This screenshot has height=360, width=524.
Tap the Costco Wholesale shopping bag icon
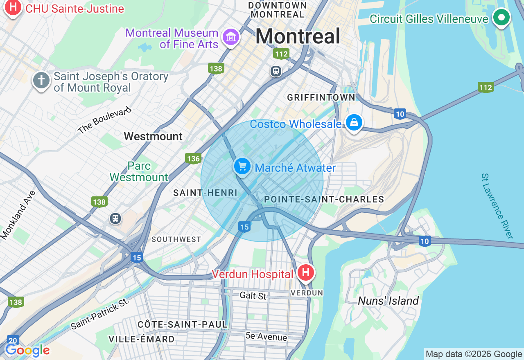pyautogui.click(x=354, y=122)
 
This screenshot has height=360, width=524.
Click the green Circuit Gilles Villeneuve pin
pyautogui.click(x=501, y=18)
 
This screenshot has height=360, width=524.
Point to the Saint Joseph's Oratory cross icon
pyautogui.click(x=41, y=80)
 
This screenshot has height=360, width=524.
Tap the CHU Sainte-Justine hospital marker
pyautogui.click(x=13, y=7)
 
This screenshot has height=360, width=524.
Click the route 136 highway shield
pyautogui.click(x=193, y=159)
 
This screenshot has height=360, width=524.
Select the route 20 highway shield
pyautogui.click(x=13, y=340)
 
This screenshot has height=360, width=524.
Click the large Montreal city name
pyautogui.click(x=298, y=36)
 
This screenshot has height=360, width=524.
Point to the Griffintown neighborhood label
pyautogui.click(x=321, y=97)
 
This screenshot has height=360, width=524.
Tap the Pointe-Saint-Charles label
pyautogui.click(x=324, y=199)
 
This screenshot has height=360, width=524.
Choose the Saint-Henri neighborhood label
pyautogui.click(x=205, y=193)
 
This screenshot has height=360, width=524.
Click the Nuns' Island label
pyautogui.click(x=388, y=301)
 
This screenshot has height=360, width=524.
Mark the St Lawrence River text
pyautogui.click(x=497, y=206)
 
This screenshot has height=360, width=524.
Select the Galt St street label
pyautogui.click(x=253, y=295)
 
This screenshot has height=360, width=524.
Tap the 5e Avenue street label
pyautogui.click(x=266, y=337)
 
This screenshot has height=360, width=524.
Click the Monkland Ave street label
pyautogui.click(x=18, y=214)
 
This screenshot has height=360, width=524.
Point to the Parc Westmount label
pyautogui.click(x=139, y=171)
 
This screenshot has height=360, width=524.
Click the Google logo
pyautogui.click(x=27, y=351)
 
